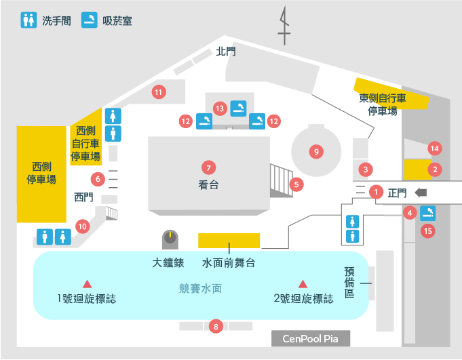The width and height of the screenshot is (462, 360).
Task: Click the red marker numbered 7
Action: (208, 167)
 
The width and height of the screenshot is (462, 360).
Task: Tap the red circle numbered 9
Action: (316, 152)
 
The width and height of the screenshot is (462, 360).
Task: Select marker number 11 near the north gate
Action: (159, 92)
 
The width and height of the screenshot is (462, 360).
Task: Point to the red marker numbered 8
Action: (216, 327)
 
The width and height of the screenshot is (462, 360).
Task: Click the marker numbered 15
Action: (428, 231)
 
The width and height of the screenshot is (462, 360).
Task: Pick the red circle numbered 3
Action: (366, 169)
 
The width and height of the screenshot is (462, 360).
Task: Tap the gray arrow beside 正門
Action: (421, 193)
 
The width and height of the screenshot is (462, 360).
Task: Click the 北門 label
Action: (226, 52)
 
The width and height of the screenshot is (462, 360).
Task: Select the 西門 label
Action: (83, 197)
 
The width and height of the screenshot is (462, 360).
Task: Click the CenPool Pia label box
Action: (311, 338)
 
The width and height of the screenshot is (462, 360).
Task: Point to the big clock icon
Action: (170, 239)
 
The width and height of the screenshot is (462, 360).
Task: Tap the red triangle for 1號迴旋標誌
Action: (87, 284)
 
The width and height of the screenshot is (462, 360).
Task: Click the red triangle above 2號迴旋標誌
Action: (303, 284)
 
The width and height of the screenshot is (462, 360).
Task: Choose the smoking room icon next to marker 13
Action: (238, 108)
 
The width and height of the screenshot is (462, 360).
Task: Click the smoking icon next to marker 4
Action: (427, 213)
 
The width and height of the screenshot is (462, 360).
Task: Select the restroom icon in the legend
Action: (28, 20)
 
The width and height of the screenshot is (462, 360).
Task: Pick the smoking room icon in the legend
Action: (90, 20)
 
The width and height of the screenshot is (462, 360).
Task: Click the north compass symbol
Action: (284, 26)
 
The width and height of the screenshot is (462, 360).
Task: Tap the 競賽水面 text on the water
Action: (200, 289)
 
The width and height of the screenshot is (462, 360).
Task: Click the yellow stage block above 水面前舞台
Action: (229, 241)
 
